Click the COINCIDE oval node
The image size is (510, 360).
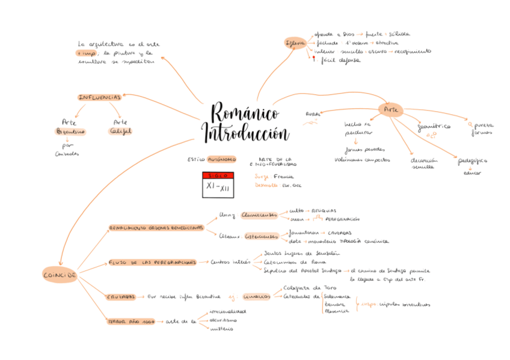click(60, 275)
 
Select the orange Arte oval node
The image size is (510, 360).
click(390, 109)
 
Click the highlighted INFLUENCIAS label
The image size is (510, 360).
click(100, 97)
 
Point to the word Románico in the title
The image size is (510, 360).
click(245, 114)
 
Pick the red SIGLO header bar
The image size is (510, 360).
click(217, 175)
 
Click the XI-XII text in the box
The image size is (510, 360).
click(217, 188)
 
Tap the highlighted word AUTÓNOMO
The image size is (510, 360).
click(222, 160)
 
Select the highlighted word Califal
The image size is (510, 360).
click(120, 131)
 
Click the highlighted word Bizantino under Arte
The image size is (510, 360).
click(70, 131)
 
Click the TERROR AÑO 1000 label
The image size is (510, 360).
click(131, 322)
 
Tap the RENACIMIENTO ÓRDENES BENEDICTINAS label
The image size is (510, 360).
click(156, 228)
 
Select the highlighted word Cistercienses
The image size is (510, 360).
click(262, 236)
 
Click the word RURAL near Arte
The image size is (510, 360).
click(313, 113)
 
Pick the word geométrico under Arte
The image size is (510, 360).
click(434, 127)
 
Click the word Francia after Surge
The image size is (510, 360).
click(283, 177)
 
